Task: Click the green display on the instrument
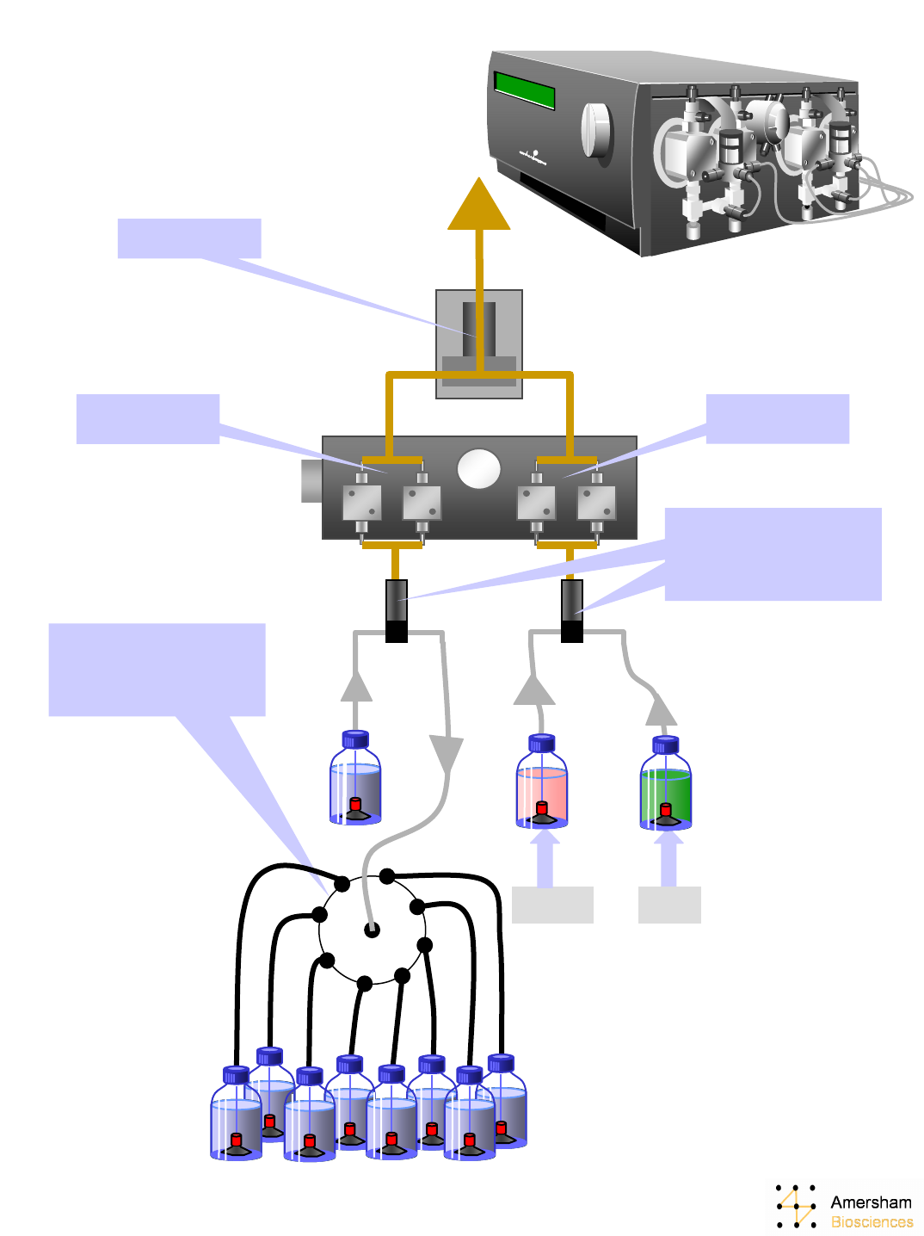(524, 90)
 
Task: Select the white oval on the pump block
(478, 469)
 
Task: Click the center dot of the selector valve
(372, 929)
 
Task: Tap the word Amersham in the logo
(871, 1202)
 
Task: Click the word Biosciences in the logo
(872, 1222)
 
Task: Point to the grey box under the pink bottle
(552, 905)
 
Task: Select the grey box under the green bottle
(669, 905)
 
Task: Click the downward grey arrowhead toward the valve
(446, 754)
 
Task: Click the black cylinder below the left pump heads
(396, 610)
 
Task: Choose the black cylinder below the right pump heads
(572, 610)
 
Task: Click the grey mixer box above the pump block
(479, 343)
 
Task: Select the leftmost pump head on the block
(361, 502)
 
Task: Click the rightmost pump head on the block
(596, 502)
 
